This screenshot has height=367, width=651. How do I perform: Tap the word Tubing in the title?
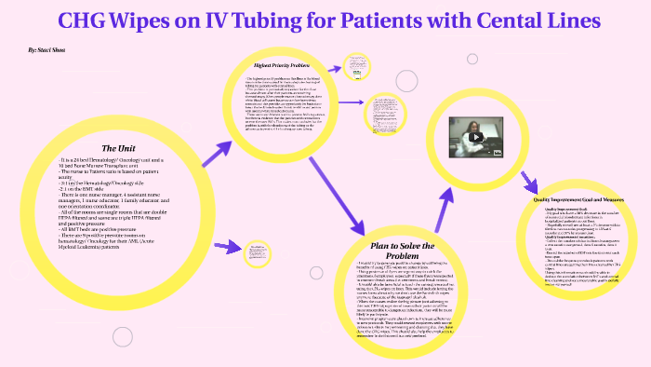click(x=261, y=20)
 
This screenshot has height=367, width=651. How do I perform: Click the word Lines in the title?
click(x=591, y=20)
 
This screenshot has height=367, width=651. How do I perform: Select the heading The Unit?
click(x=120, y=148)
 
